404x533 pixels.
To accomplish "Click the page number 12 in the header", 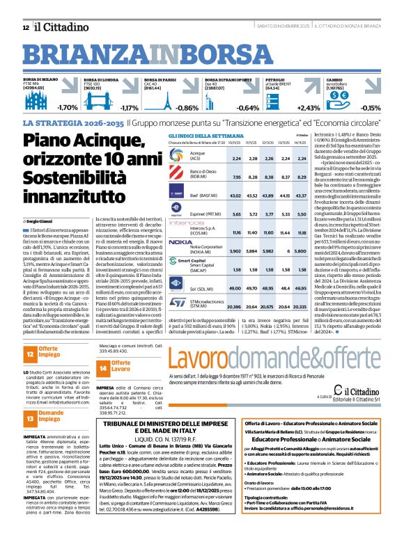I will (x=26, y=27).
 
